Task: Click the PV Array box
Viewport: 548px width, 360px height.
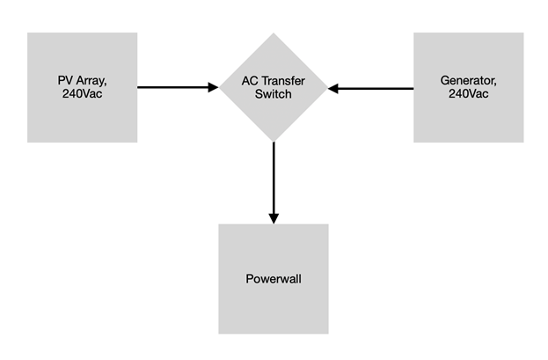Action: (x=82, y=87)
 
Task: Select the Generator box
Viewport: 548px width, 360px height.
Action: (x=468, y=87)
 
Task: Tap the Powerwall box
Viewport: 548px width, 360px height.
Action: (x=274, y=279)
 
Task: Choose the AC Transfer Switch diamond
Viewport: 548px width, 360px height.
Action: (x=274, y=87)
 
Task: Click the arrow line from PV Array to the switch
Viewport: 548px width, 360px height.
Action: (x=178, y=87)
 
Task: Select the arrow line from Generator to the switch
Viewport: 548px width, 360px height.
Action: (x=371, y=89)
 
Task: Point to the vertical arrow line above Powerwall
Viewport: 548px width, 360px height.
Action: (x=274, y=183)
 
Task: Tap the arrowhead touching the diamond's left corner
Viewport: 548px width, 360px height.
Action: (x=213, y=87)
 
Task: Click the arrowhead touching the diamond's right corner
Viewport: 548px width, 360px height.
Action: (x=333, y=89)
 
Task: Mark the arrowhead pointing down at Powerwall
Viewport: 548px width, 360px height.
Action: (x=274, y=218)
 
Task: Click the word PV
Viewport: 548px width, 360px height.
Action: (x=65, y=80)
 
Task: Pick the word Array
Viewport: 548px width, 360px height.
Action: (x=91, y=81)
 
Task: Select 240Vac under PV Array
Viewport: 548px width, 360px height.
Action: (x=82, y=94)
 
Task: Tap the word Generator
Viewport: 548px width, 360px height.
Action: (x=468, y=81)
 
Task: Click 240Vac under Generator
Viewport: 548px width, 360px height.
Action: (x=468, y=94)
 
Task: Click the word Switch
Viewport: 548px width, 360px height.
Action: (x=274, y=94)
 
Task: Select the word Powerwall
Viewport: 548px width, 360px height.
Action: (x=274, y=279)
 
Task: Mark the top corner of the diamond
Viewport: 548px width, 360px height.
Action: (x=274, y=33)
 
